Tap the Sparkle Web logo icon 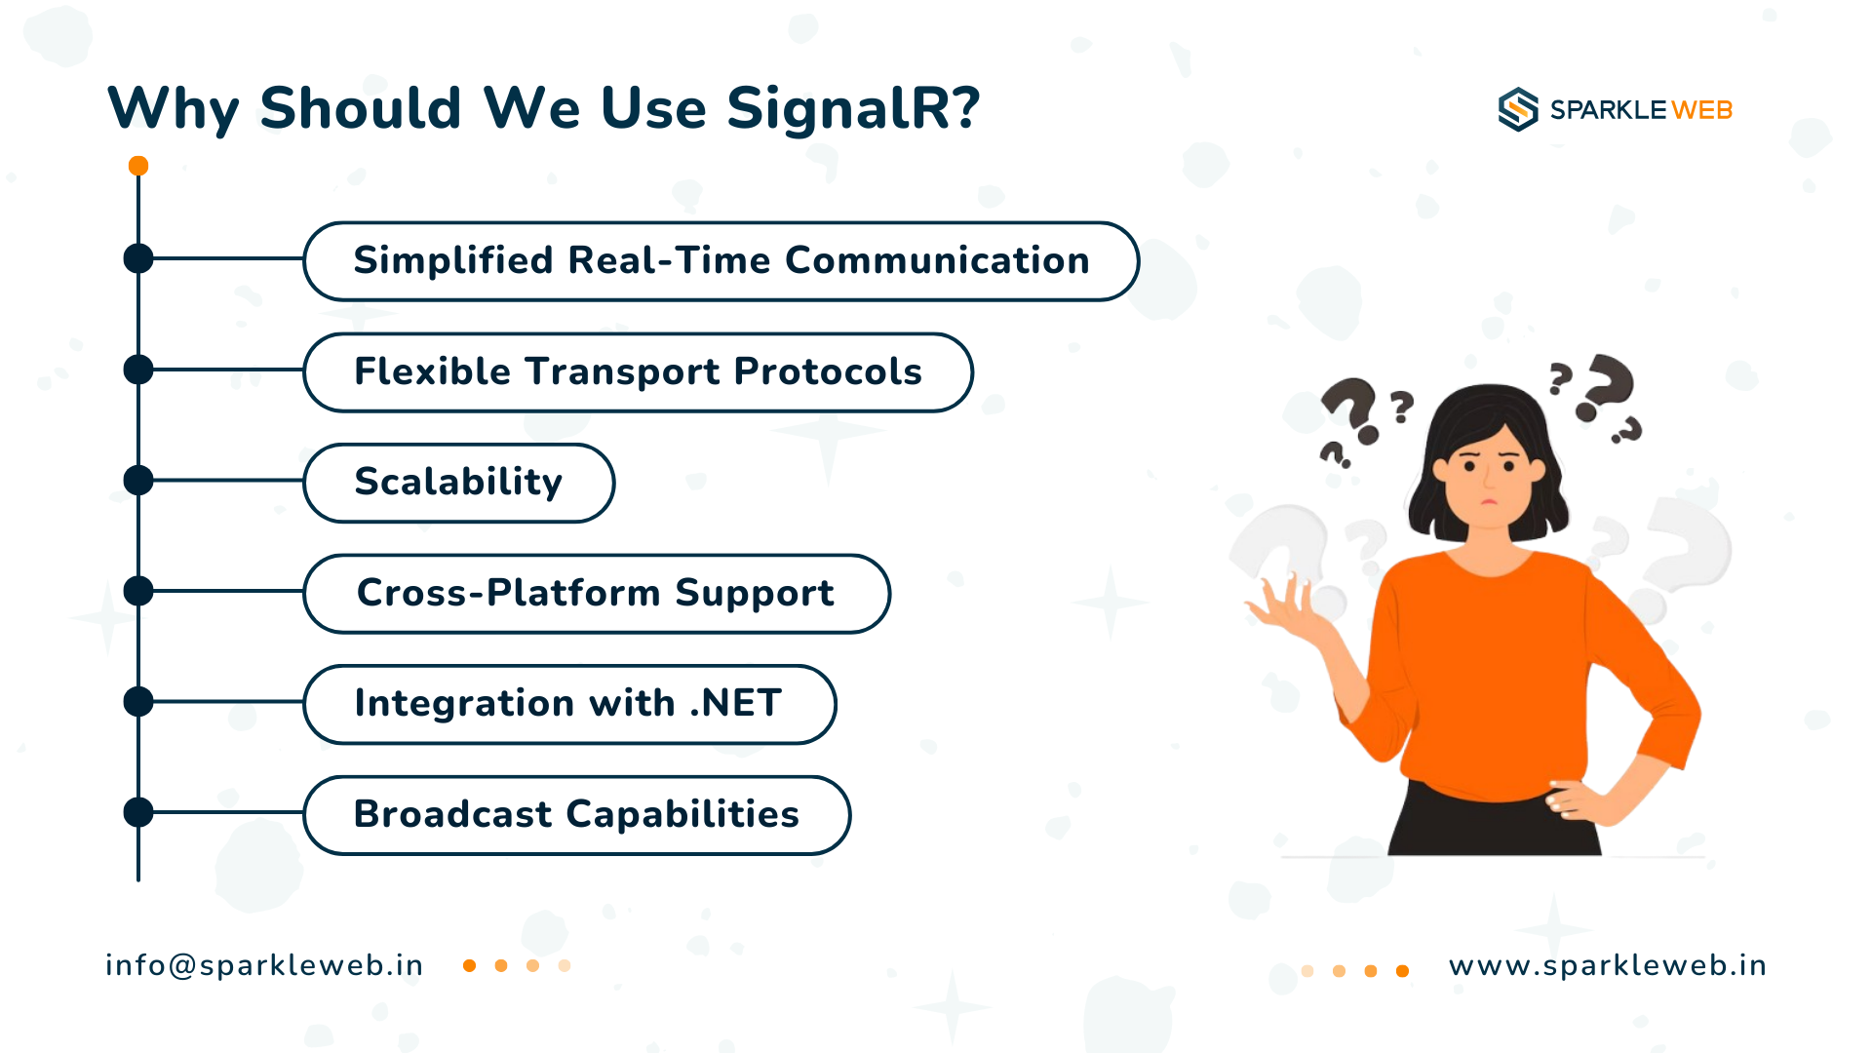(x=1518, y=109)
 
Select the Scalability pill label (x=459, y=483)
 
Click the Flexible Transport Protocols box (x=639, y=372)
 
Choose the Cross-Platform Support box (x=597, y=594)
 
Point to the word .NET (x=736, y=703)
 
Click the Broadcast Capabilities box (x=577, y=815)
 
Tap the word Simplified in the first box (x=453, y=260)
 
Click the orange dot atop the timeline (x=138, y=166)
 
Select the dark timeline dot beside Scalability (x=138, y=481)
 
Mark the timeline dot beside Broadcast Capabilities (x=138, y=812)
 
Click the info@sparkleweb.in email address (x=264, y=965)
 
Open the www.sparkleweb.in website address (x=1608, y=965)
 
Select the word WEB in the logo (x=1702, y=110)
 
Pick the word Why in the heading (x=174, y=109)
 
